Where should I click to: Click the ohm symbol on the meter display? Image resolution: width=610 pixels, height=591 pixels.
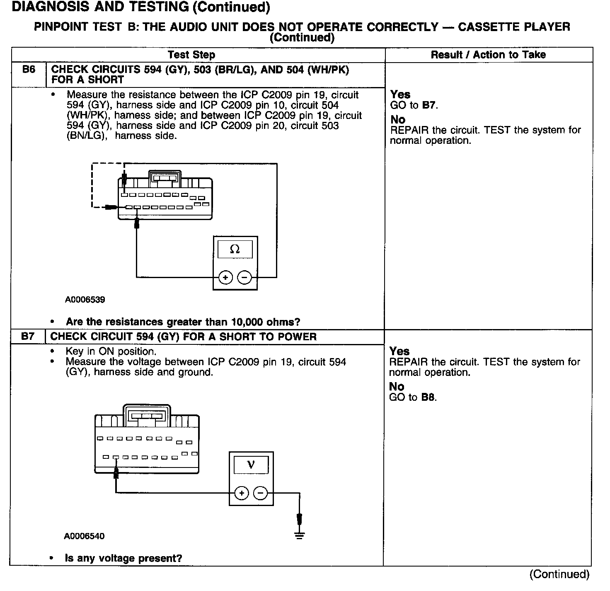pyautogui.click(x=235, y=249)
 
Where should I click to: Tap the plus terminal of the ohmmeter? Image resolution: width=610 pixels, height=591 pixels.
pyautogui.click(x=225, y=277)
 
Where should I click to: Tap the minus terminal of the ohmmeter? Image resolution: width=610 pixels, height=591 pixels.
pyautogui.click(x=245, y=277)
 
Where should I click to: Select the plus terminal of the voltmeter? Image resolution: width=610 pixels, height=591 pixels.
pyautogui.click(x=241, y=493)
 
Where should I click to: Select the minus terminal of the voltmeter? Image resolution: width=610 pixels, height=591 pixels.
pyautogui.click(x=260, y=493)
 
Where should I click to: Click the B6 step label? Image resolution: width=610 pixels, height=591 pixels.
pyautogui.click(x=29, y=70)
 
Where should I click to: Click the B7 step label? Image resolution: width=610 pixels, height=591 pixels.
pyautogui.click(x=28, y=337)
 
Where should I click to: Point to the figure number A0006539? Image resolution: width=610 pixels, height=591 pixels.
pyautogui.click(x=85, y=300)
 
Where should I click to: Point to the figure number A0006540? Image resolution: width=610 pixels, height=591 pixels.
pyautogui.click(x=84, y=536)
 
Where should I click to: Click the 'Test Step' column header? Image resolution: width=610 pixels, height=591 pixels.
pyautogui.click(x=191, y=55)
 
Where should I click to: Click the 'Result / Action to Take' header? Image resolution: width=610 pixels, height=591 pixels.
pyautogui.click(x=488, y=55)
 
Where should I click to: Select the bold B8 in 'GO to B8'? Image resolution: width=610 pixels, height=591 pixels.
pyautogui.click(x=428, y=397)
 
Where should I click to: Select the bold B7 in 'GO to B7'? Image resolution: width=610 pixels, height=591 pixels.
pyautogui.click(x=429, y=105)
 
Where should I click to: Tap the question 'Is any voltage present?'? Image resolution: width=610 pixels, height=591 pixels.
pyautogui.click(x=123, y=558)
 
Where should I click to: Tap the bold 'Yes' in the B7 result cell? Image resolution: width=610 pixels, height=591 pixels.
pyautogui.click(x=399, y=351)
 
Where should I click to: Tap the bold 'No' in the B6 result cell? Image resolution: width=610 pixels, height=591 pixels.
pyautogui.click(x=398, y=120)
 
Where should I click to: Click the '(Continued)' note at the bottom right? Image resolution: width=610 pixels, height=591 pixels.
pyautogui.click(x=559, y=574)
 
